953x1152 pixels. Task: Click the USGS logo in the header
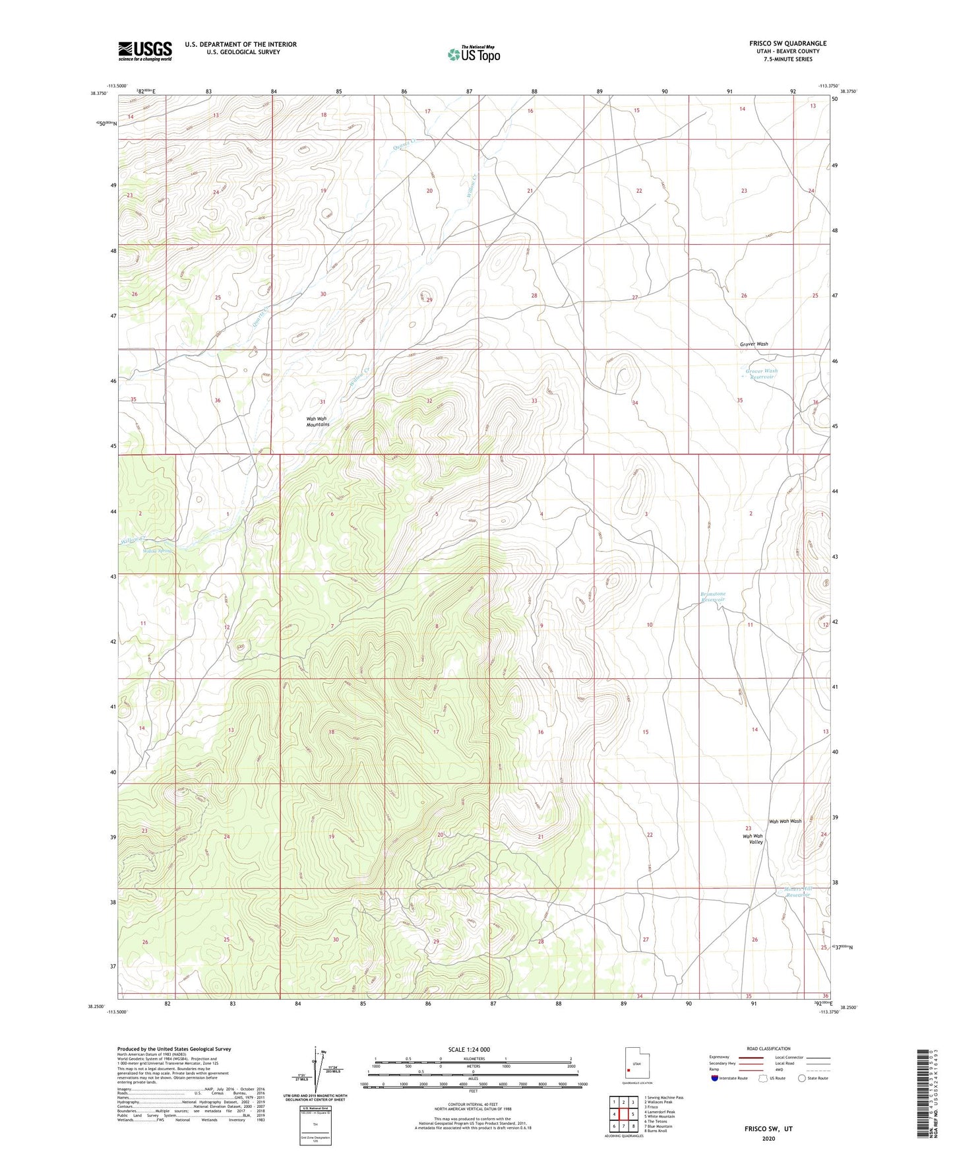145,51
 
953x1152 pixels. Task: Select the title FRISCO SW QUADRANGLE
787,44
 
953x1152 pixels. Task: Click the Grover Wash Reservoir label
761,374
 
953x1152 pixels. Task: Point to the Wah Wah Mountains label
317,422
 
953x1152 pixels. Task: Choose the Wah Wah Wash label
785,821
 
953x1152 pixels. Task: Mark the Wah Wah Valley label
753,839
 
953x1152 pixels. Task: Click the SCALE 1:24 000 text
469,1049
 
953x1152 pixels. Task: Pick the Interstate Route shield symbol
716,1078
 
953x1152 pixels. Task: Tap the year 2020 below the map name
768,1138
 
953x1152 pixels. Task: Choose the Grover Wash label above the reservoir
753,344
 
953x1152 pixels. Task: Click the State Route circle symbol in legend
802,1078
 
